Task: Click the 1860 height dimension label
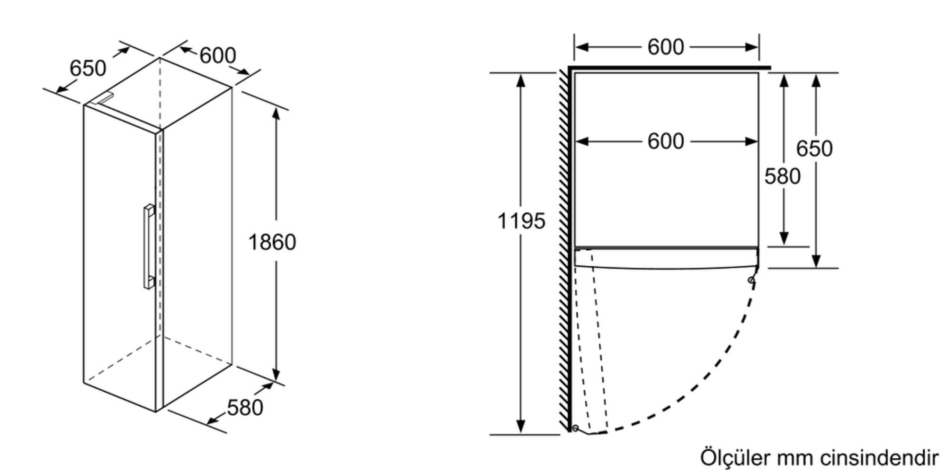pyautogui.click(x=272, y=242)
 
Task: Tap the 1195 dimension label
pyautogui.click(x=521, y=221)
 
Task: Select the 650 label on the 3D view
pyautogui.click(x=88, y=68)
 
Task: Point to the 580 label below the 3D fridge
pyautogui.click(x=245, y=407)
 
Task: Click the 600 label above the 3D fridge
pyautogui.click(x=217, y=55)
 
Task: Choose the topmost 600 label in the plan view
pyautogui.click(x=666, y=47)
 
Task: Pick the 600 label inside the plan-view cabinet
pyautogui.click(x=666, y=141)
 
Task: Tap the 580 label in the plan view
pyautogui.click(x=782, y=176)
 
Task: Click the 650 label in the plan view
pyautogui.click(x=814, y=149)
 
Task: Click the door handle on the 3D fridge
pyautogui.click(x=149, y=246)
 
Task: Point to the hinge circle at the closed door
pyautogui.click(x=751, y=280)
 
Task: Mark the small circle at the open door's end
pyautogui.click(x=575, y=428)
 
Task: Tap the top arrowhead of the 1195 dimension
pyautogui.click(x=521, y=80)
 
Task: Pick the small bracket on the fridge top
pyautogui.click(x=103, y=98)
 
